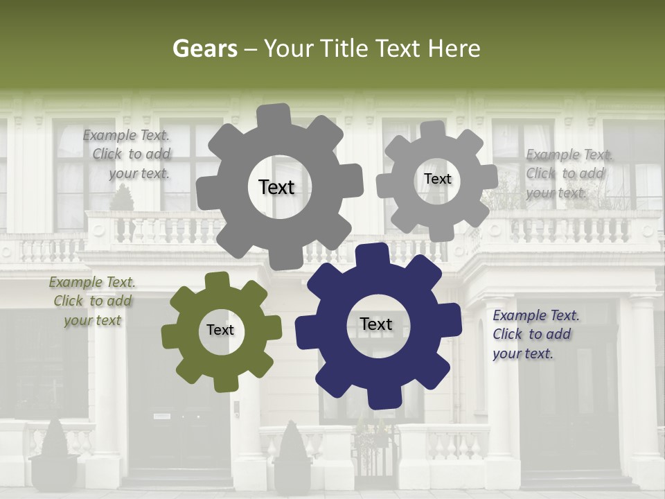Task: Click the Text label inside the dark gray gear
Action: (x=276, y=187)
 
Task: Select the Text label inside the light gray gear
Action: (x=437, y=179)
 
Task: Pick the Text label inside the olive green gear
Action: (x=220, y=330)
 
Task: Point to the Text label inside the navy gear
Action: (x=376, y=324)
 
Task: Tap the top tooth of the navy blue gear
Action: (x=373, y=254)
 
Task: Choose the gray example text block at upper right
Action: (x=568, y=174)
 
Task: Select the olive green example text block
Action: (x=91, y=301)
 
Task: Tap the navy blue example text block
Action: (x=535, y=334)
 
